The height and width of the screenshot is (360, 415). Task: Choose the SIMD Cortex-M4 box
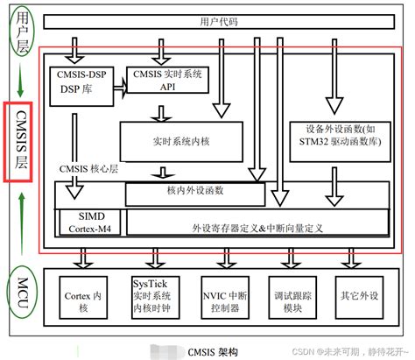[90, 222]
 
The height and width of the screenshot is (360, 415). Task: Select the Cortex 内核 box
[85, 295]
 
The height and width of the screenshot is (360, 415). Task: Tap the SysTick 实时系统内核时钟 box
[155, 295]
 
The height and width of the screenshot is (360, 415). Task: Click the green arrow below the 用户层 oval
[18, 81]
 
